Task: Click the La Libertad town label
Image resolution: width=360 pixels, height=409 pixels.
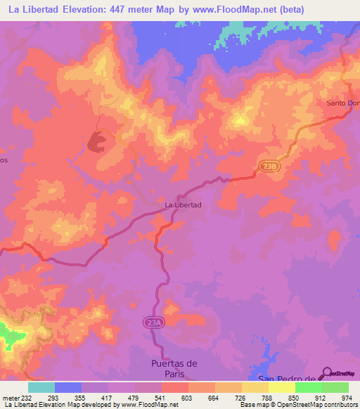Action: (183, 204)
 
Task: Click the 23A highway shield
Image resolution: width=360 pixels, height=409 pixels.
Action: (155, 322)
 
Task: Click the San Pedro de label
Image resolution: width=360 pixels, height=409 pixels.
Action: (284, 379)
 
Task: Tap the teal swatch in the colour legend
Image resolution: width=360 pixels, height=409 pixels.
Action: (41, 387)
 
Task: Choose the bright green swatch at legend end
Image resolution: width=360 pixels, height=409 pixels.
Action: (335, 387)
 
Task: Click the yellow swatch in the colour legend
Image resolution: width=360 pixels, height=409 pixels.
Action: (255, 387)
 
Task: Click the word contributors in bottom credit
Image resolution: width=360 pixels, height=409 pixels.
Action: (340, 405)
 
